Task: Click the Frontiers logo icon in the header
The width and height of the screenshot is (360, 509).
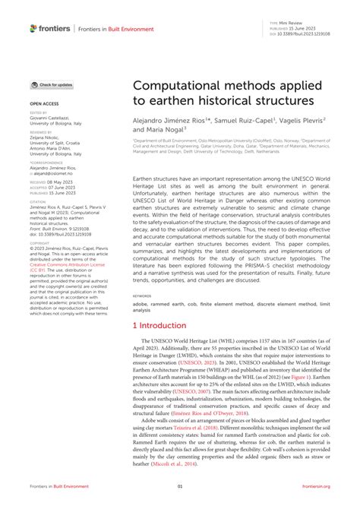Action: tap(34, 28)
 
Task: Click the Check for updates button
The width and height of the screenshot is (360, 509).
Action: tap(52, 85)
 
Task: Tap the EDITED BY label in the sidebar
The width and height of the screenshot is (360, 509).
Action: tap(39, 112)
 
